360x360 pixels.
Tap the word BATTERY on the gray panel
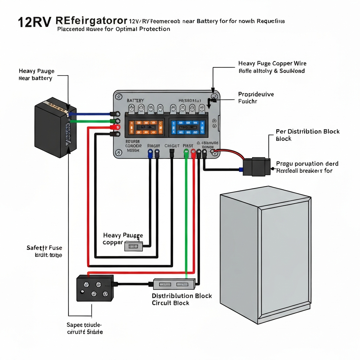[135, 101]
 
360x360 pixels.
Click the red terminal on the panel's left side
[114, 127]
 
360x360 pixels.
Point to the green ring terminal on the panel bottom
[186, 153]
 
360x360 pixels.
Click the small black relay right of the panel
[257, 167]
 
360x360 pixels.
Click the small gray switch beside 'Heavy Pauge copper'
[133, 246]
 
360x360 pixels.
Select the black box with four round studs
[95, 288]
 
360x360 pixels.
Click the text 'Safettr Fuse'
[44, 248]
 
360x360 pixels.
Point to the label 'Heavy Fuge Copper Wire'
[272, 64]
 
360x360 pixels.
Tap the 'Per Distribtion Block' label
[308, 131]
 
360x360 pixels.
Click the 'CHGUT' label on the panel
[172, 146]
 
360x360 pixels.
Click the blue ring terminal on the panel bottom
[150, 152]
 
